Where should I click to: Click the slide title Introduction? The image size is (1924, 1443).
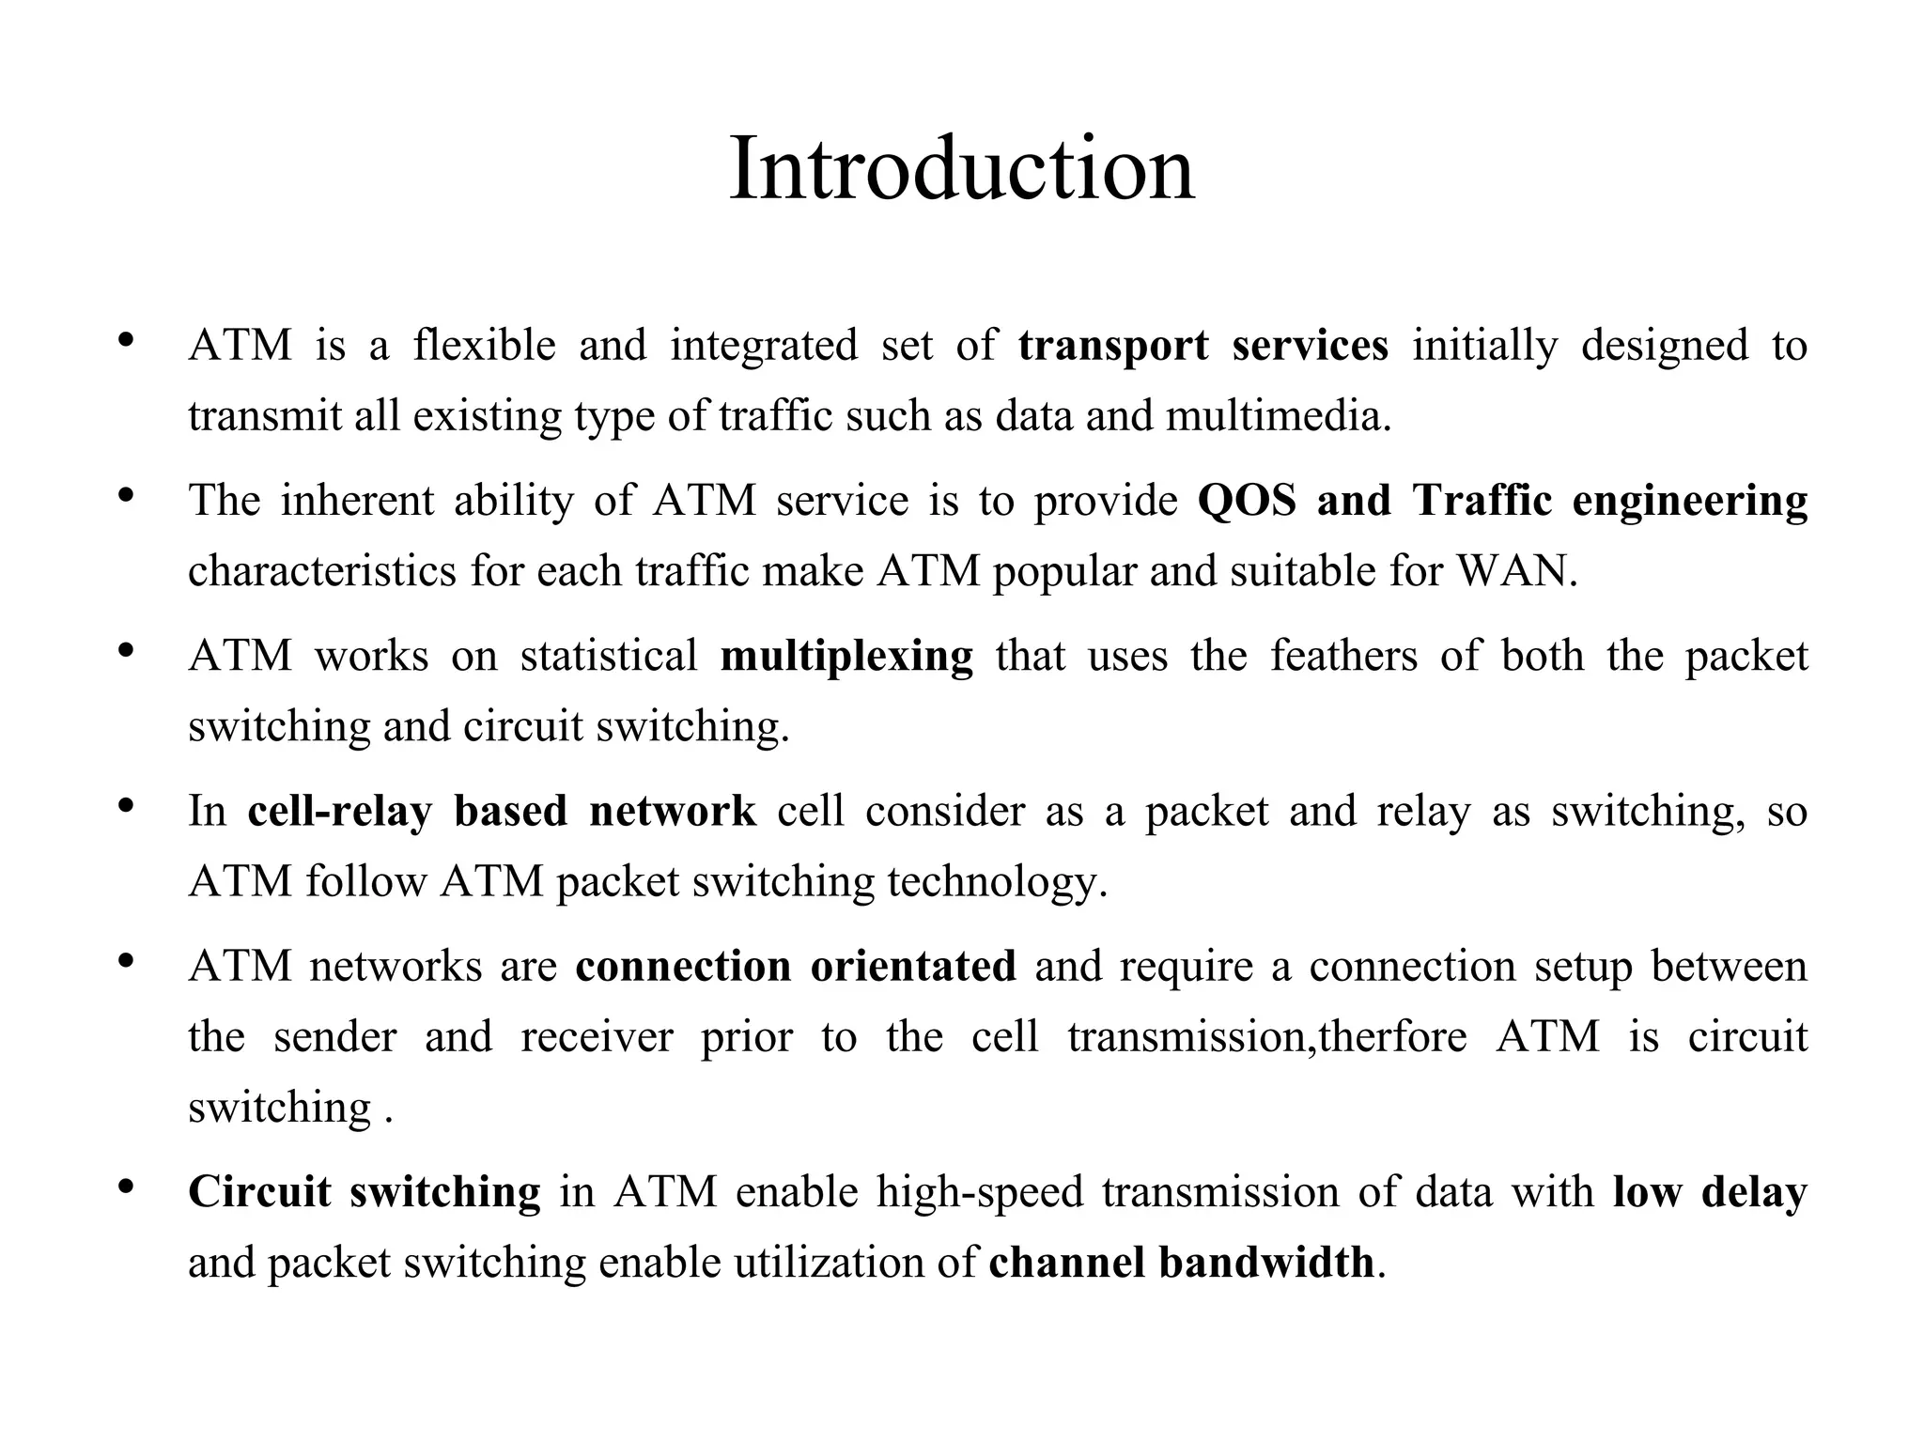click(961, 169)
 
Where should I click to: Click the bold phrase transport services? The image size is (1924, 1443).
click(1202, 345)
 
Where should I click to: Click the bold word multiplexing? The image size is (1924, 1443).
click(846, 656)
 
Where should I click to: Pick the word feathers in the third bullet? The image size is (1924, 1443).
click(1343, 655)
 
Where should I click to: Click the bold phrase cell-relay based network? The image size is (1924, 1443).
click(502, 811)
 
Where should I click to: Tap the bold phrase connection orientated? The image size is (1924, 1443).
click(796, 966)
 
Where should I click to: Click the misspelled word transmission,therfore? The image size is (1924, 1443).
click(1266, 1036)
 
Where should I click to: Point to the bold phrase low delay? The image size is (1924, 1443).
click(1710, 1191)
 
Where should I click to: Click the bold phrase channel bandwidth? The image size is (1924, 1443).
click(1181, 1262)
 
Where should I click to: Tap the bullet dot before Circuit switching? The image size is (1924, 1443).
click(126, 1187)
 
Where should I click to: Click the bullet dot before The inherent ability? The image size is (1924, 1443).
click(126, 495)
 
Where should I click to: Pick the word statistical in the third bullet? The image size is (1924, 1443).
click(609, 655)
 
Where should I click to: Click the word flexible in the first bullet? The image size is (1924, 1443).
click(485, 345)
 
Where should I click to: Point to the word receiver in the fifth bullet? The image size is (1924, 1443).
click(597, 1036)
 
